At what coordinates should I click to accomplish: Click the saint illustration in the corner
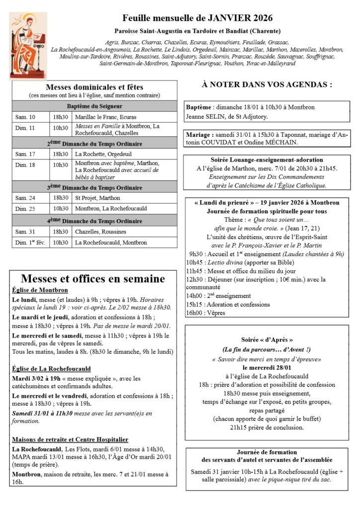(28, 46)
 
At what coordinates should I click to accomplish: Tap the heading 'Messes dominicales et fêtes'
(94, 86)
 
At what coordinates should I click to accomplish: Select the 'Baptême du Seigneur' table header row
(94, 106)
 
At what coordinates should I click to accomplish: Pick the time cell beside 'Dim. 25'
(61, 208)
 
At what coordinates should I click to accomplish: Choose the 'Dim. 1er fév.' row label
(29, 243)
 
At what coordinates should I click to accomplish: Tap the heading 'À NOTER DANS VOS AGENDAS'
(267, 85)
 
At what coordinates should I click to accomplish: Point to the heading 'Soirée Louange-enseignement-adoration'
(267, 160)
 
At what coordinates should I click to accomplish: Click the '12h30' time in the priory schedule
(194, 279)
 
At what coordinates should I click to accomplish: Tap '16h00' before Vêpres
(194, 313)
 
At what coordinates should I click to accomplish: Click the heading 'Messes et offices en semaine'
(93, 279)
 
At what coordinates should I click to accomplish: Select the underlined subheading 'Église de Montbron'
(40, 290)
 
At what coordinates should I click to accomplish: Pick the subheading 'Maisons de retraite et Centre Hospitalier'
(70, 439)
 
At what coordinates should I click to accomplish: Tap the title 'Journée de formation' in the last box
(267, 452)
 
